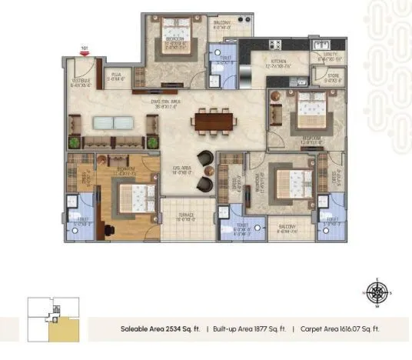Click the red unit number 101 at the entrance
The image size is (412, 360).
[85, 48]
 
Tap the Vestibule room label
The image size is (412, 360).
[81, 82]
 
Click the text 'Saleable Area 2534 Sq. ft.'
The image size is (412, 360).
[160, 328]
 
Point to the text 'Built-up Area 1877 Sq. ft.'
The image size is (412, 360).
[249, 328]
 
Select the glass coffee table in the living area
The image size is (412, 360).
[111, 122]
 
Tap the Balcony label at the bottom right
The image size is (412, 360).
[287, 227]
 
